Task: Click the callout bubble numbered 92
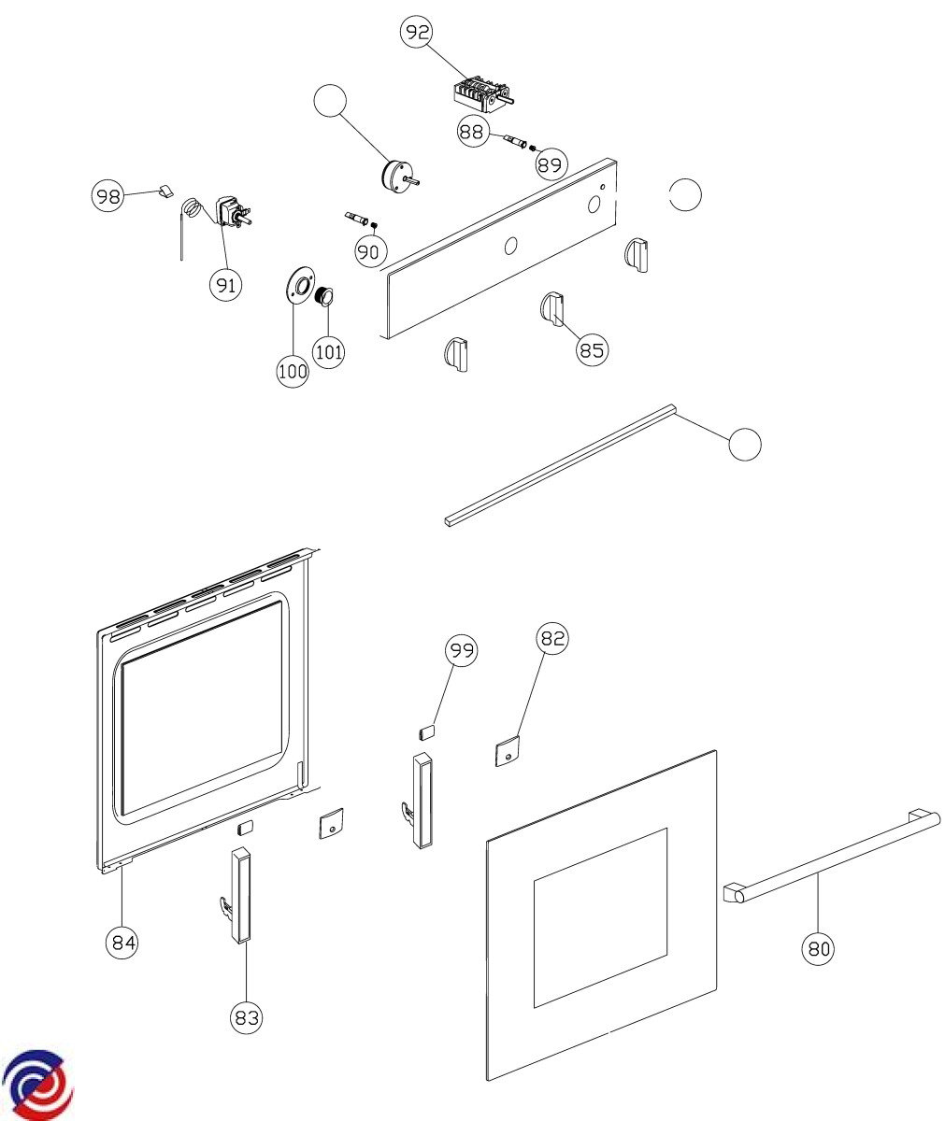[417, 33]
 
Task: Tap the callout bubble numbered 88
[472, 132]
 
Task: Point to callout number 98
[107, 196]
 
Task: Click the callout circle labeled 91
[224, 284]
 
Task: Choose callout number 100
[293, 371]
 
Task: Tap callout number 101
[328, 352]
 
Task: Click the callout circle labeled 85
[592, 350]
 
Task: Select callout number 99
[461, 650]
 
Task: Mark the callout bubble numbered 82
[552, 638]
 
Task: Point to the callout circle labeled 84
[122, 942]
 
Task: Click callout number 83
[246, 1016]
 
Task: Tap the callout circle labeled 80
[818, 949]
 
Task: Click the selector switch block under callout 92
[482, 92]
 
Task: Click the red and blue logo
[38, 1084]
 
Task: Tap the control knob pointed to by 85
[552, 308]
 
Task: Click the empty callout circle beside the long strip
[745, 445]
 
